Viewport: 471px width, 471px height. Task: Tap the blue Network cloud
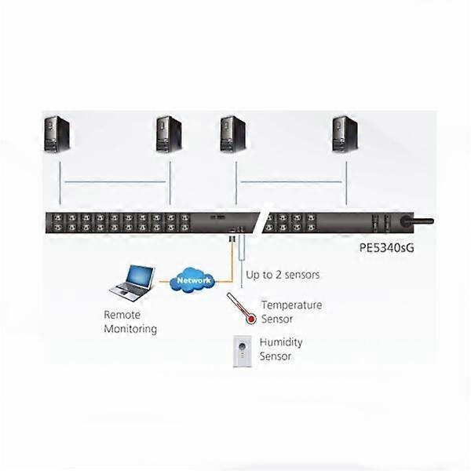click(x=193, y=280)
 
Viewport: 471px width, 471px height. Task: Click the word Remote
click(x=122, y=314)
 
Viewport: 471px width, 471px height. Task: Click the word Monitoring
click(x=130, y=329)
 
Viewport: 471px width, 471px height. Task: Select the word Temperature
click(x=291, y=305)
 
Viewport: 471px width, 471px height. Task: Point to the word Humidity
click(x=280, y=342)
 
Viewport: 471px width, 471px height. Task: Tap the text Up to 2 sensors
click(x=283, y=275)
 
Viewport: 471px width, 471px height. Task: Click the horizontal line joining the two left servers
click(x=114, y=182)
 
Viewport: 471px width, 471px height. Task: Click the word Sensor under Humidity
click(x=276, y=356)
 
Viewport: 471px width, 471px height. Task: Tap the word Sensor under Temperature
click(x=277, y=319)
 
